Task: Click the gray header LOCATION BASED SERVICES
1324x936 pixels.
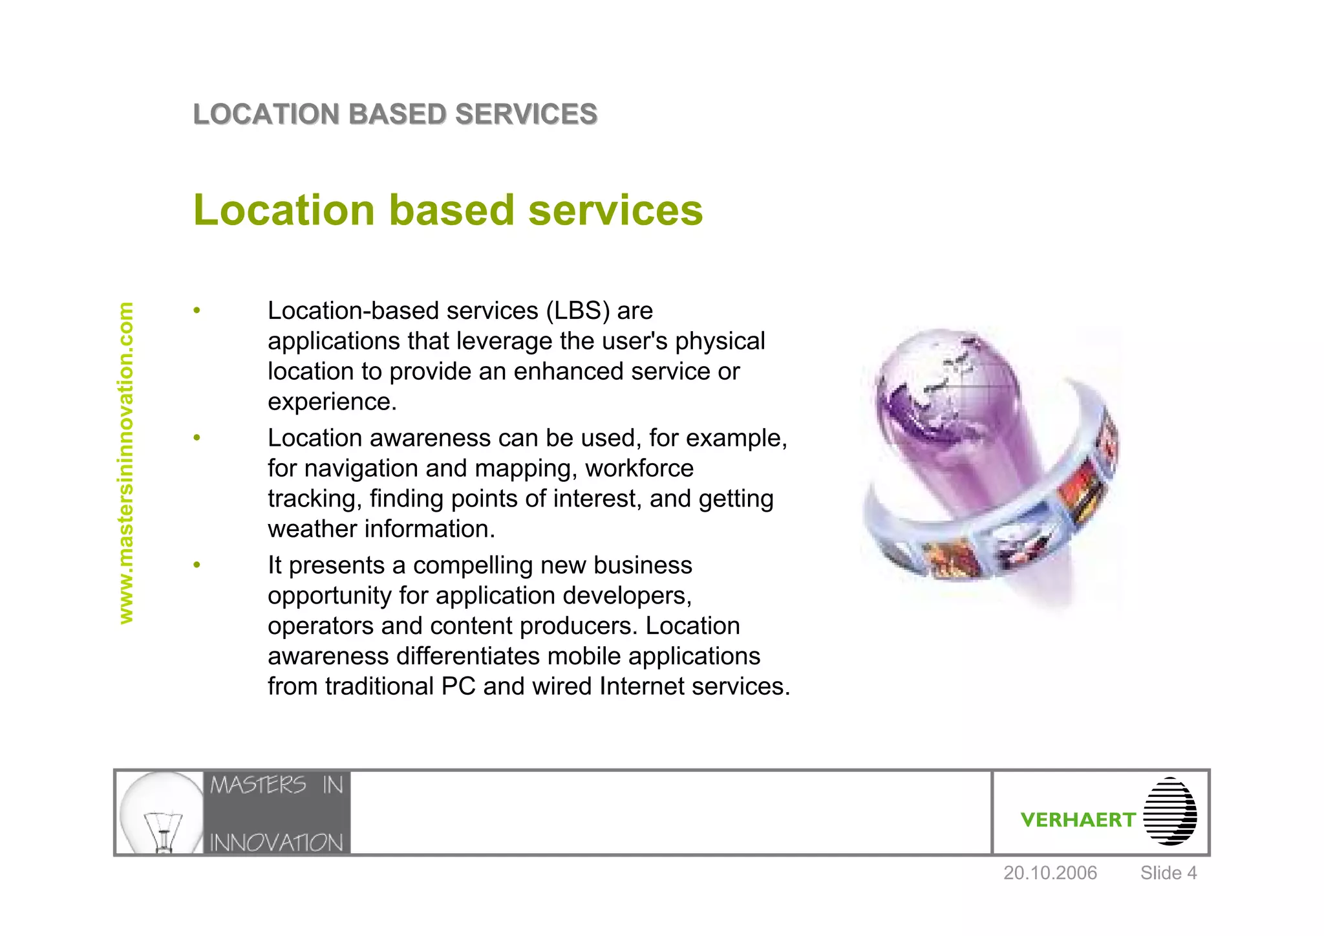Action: pos(395,114)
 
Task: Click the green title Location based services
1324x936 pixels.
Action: pos(447,210)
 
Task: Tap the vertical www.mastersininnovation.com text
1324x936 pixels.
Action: pos(126,463)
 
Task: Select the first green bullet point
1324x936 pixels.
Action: pos(197,311)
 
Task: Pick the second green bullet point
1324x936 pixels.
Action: pos(197,439)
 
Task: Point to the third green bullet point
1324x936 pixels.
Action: pos(197,566)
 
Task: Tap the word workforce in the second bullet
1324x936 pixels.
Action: pos(639,468)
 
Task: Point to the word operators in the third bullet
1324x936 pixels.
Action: pos(321,626)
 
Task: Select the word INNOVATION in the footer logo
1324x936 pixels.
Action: pos(277,843)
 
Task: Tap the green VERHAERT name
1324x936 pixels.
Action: pos(1078,820)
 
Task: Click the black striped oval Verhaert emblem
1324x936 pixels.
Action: pos(1170,811)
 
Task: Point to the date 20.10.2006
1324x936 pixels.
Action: pos(1050,873)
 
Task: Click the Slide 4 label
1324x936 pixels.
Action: pos(1168,873)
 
